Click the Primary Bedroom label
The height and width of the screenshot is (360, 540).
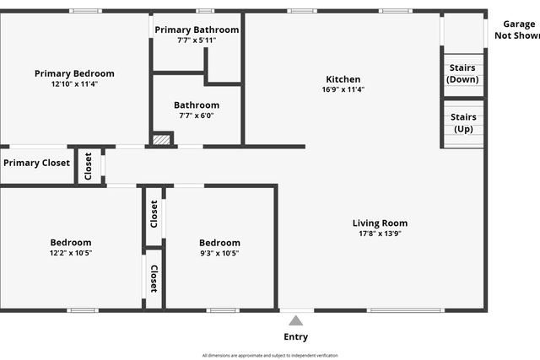[74, 73]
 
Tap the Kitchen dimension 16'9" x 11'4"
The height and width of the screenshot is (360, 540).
[342, 89]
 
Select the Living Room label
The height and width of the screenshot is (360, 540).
[380, 223]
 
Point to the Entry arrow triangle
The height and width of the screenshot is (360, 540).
[295, 320]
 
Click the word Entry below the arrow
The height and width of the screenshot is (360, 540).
[295, 337]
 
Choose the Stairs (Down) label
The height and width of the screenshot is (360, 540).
[462, 73]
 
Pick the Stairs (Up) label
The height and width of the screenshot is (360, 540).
[462, 123]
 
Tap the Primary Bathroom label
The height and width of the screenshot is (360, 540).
[197, 30]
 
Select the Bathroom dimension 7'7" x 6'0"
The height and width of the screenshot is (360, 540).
[197, 116]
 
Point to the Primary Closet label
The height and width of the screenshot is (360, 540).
[36, 163]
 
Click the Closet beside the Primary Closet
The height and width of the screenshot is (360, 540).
[89, 165]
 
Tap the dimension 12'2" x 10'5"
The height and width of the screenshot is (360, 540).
[71, 253]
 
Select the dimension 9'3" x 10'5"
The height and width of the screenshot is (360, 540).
[219, 253]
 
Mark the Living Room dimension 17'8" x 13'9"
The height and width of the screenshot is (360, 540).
[380, 234]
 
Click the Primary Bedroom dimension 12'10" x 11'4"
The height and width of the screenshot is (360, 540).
[74, 83]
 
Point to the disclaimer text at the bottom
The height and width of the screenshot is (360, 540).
[270, 355]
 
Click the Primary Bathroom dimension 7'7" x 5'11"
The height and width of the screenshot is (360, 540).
[197, 40]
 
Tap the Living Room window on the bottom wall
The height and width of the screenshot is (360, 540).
[406, 310]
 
